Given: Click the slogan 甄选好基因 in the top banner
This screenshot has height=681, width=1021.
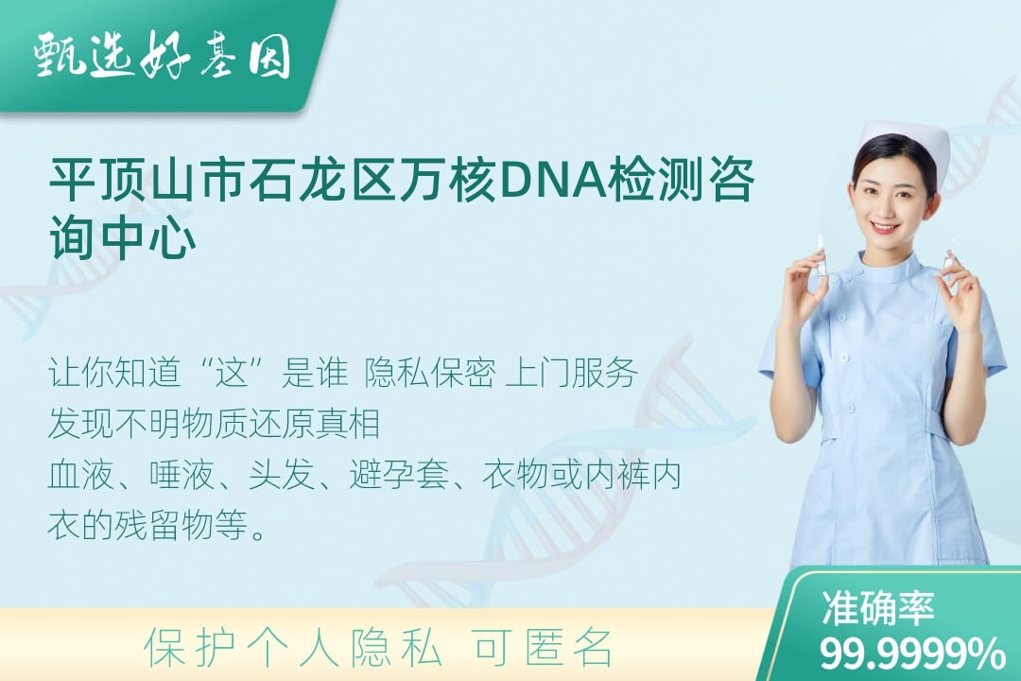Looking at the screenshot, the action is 163,56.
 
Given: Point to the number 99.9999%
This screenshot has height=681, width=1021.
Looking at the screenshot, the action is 912,653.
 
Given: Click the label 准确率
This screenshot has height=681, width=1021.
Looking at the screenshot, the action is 878,607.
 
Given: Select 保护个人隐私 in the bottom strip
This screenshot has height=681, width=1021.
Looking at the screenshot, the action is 293,648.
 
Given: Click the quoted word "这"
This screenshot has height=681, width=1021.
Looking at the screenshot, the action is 234,373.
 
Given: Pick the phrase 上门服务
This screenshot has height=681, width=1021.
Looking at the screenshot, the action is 571,373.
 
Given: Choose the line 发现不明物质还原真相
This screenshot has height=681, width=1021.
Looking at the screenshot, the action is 214,424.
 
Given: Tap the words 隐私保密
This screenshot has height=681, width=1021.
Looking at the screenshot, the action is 430,373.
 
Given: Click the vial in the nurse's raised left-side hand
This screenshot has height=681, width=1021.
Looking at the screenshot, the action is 822,255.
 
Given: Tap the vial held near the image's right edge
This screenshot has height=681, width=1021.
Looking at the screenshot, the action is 949,251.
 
